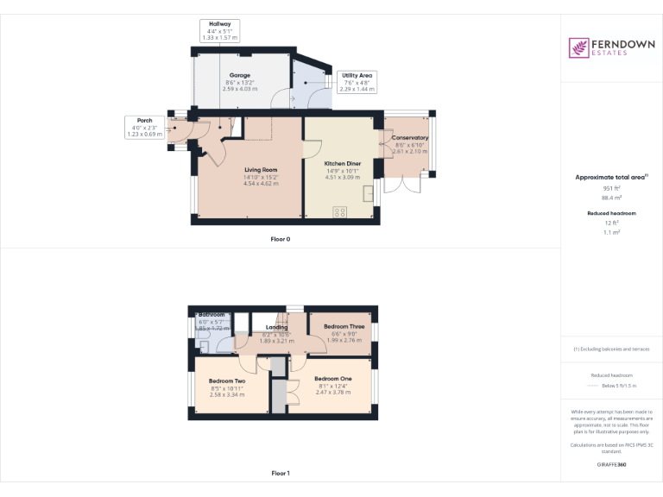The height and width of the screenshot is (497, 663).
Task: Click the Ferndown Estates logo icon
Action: point(578,47)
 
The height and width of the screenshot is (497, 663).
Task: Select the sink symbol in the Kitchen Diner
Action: point(369,192)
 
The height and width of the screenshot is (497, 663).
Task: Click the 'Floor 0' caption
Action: point(280,238)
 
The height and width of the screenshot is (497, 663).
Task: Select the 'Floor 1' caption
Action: point(280,473)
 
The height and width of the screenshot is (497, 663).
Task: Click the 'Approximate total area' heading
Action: point(611,177)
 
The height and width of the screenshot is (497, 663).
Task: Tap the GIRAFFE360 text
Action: point(611,465)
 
